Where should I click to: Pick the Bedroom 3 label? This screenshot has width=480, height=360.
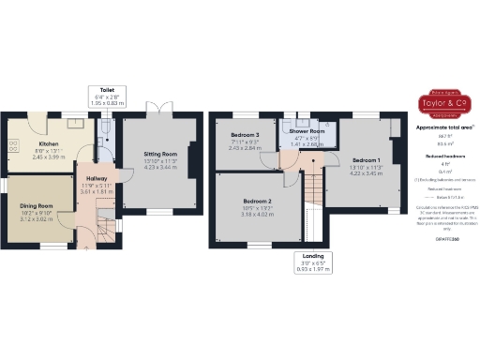245,135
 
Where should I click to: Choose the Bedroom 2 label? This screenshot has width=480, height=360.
257,201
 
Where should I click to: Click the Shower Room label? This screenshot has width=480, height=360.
307,132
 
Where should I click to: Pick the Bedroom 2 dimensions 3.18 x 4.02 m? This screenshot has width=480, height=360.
257,214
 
